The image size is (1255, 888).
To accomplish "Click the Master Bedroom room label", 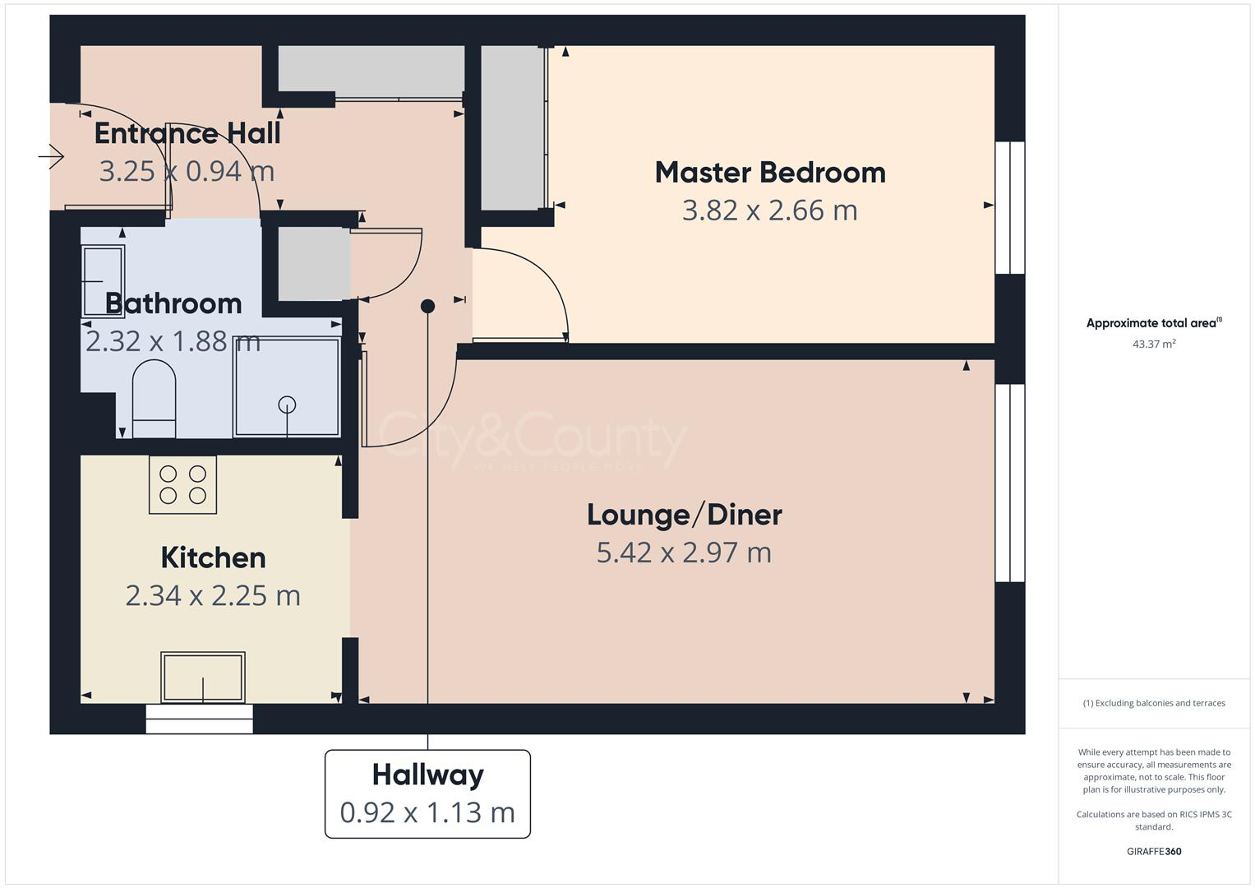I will click(x=769, y=173).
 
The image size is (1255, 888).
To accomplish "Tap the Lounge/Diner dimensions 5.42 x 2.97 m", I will click(x=684, y=553).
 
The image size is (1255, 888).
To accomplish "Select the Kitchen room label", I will click(x=213, y=557).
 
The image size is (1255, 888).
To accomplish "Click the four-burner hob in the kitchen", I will click(x=182, y=485).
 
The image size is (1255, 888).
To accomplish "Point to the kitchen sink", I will click(x=203, y=677).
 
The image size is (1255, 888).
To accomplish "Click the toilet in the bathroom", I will click(x=154, y=398).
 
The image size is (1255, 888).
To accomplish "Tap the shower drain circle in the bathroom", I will click(x=287, y=404).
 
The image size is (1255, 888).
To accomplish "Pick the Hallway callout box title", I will click(x=427, y=775).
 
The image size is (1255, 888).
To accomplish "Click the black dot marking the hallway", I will click(x=427, y=307).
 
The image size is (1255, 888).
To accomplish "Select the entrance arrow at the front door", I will click(x=52, y=155).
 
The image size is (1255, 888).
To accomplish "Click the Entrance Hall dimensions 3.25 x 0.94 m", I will click(x=187, y=171).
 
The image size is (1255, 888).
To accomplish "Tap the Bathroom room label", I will click(x=173, y=303).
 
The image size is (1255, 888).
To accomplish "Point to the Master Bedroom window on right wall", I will click(x=1010, y=207).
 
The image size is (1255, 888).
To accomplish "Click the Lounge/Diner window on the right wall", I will click(x=1010, y=483).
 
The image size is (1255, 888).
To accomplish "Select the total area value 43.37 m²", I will click(x=1153, y=344).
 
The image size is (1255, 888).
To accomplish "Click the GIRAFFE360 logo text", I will click(x=1153, y=851).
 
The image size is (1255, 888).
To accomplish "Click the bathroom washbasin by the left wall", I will click(x=103, y=280).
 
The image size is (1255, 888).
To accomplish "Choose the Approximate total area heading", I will click(x=1153, y=323).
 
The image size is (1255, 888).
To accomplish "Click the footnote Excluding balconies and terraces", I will click(x=1153, y=703).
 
